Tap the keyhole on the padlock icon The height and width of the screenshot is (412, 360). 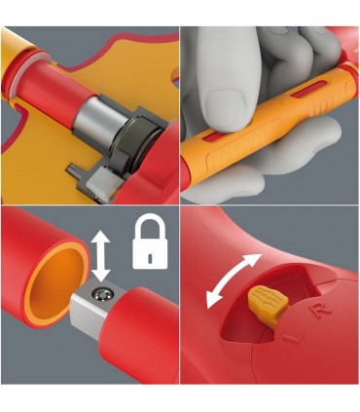coord(150,257)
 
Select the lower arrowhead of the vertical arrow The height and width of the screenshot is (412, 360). coord(101,275)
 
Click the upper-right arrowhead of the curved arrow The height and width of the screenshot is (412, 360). coord(253,261)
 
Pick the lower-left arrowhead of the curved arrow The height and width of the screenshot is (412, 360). coord(213,300)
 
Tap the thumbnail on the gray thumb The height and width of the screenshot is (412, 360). coord(226,104)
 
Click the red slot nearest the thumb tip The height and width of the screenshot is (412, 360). coord(209,138)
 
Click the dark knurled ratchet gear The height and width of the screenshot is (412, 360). coord(136,143)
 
